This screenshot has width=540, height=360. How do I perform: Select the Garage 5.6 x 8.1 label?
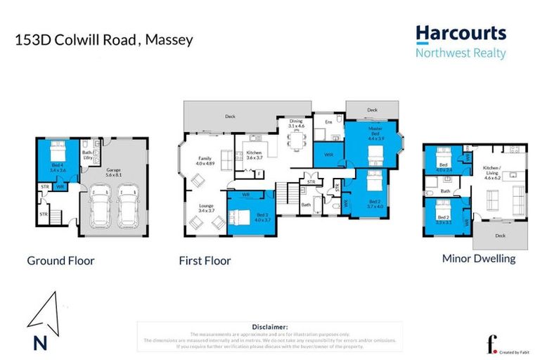pyautogui.click(x=114, y=172)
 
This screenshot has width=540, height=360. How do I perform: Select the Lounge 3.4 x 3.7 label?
pyautogui.click(x=206, y=207)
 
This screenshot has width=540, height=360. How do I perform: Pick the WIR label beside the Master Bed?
pyautogui.click(x=328, y=155)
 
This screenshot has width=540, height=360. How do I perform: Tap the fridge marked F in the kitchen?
pyautogui.click(x=259, y=173)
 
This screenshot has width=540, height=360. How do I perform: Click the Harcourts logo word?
pyautogui.click(x=461, y=33)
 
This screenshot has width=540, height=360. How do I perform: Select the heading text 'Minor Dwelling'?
pyautogui.click(x=478, y=258)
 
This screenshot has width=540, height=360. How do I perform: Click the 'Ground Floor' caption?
pyautogui.click(x=60, y=261)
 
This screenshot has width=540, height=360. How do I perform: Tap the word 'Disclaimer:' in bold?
pyautogui.click(x=269, y=327)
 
